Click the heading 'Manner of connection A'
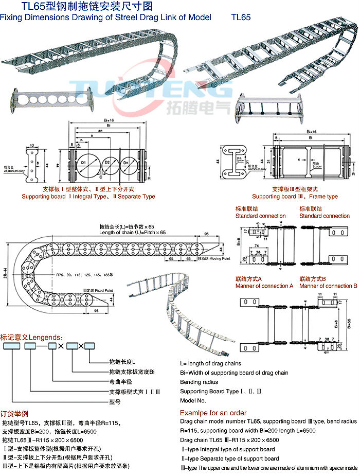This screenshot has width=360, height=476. point(264,286)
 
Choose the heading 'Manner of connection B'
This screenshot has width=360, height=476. point(328,286)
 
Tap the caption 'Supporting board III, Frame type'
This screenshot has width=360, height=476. point(295,197)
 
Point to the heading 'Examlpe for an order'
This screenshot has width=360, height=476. point(213,413)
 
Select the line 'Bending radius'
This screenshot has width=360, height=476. point(199,382)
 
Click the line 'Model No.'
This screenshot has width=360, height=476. point(193,400)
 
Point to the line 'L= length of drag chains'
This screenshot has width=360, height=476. point(210,363)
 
